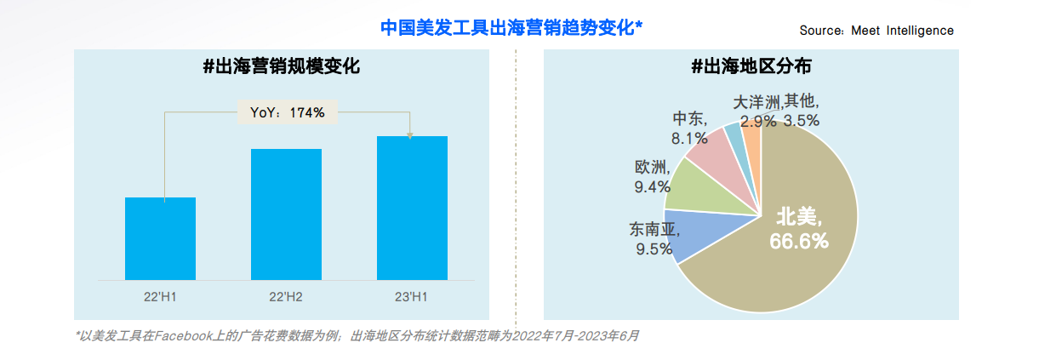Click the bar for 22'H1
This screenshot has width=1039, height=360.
pyautogui.click(x=160, y=238)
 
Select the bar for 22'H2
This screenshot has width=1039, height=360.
pyautogui.click(x=286, y=214)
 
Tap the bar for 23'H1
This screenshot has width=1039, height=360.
pyautogui.click(x=412, y=208)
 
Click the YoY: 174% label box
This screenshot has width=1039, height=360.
pyautogui.click(x=288, y=111)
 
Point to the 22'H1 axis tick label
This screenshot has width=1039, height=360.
pyautogui.click(x=160, y=296)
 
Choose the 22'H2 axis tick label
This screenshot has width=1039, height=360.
pyautogui.click(x=286, y=296)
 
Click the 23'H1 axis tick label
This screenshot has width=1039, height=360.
pyautogui.click(x=412, y=296)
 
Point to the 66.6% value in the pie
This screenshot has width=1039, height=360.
pyautogui.click(x=798, y=242)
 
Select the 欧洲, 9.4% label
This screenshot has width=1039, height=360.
pyautogui.click(x=653, y=177)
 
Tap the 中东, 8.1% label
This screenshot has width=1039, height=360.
pyautogui.click(x=690, y=128)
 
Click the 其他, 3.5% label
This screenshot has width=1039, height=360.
pyautogui.click(x=802, y=111)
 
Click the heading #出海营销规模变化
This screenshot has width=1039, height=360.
pyautogui.click(x=282, y=66)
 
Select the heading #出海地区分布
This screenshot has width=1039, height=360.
pyautogui.click(x=751, y=66)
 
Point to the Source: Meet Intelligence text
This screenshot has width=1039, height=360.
pyautogui.click(x=876, y=31)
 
